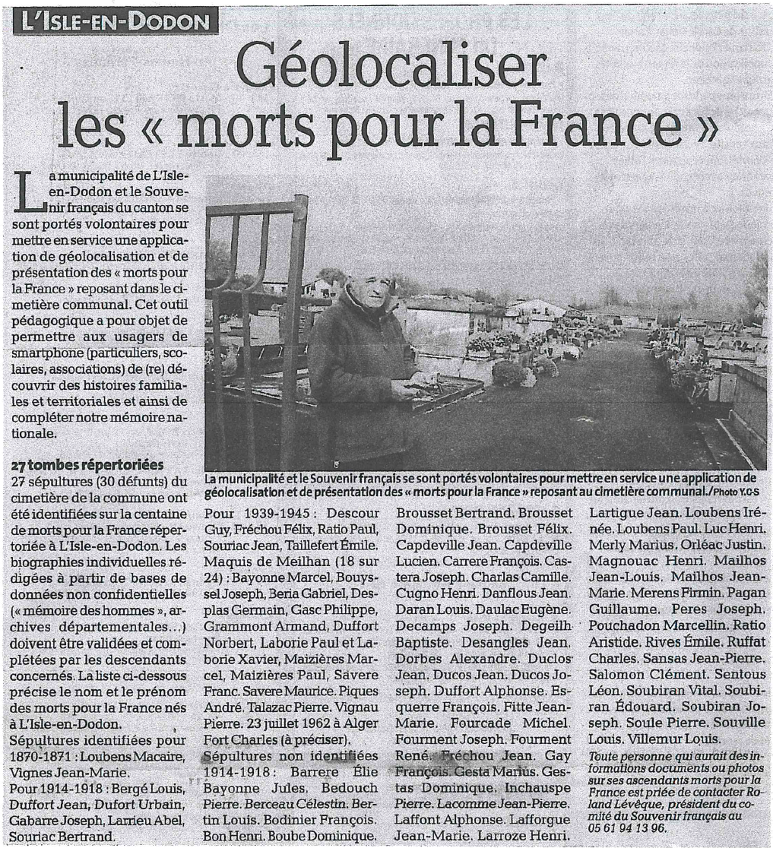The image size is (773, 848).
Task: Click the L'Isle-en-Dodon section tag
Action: [x=116, y=21]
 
